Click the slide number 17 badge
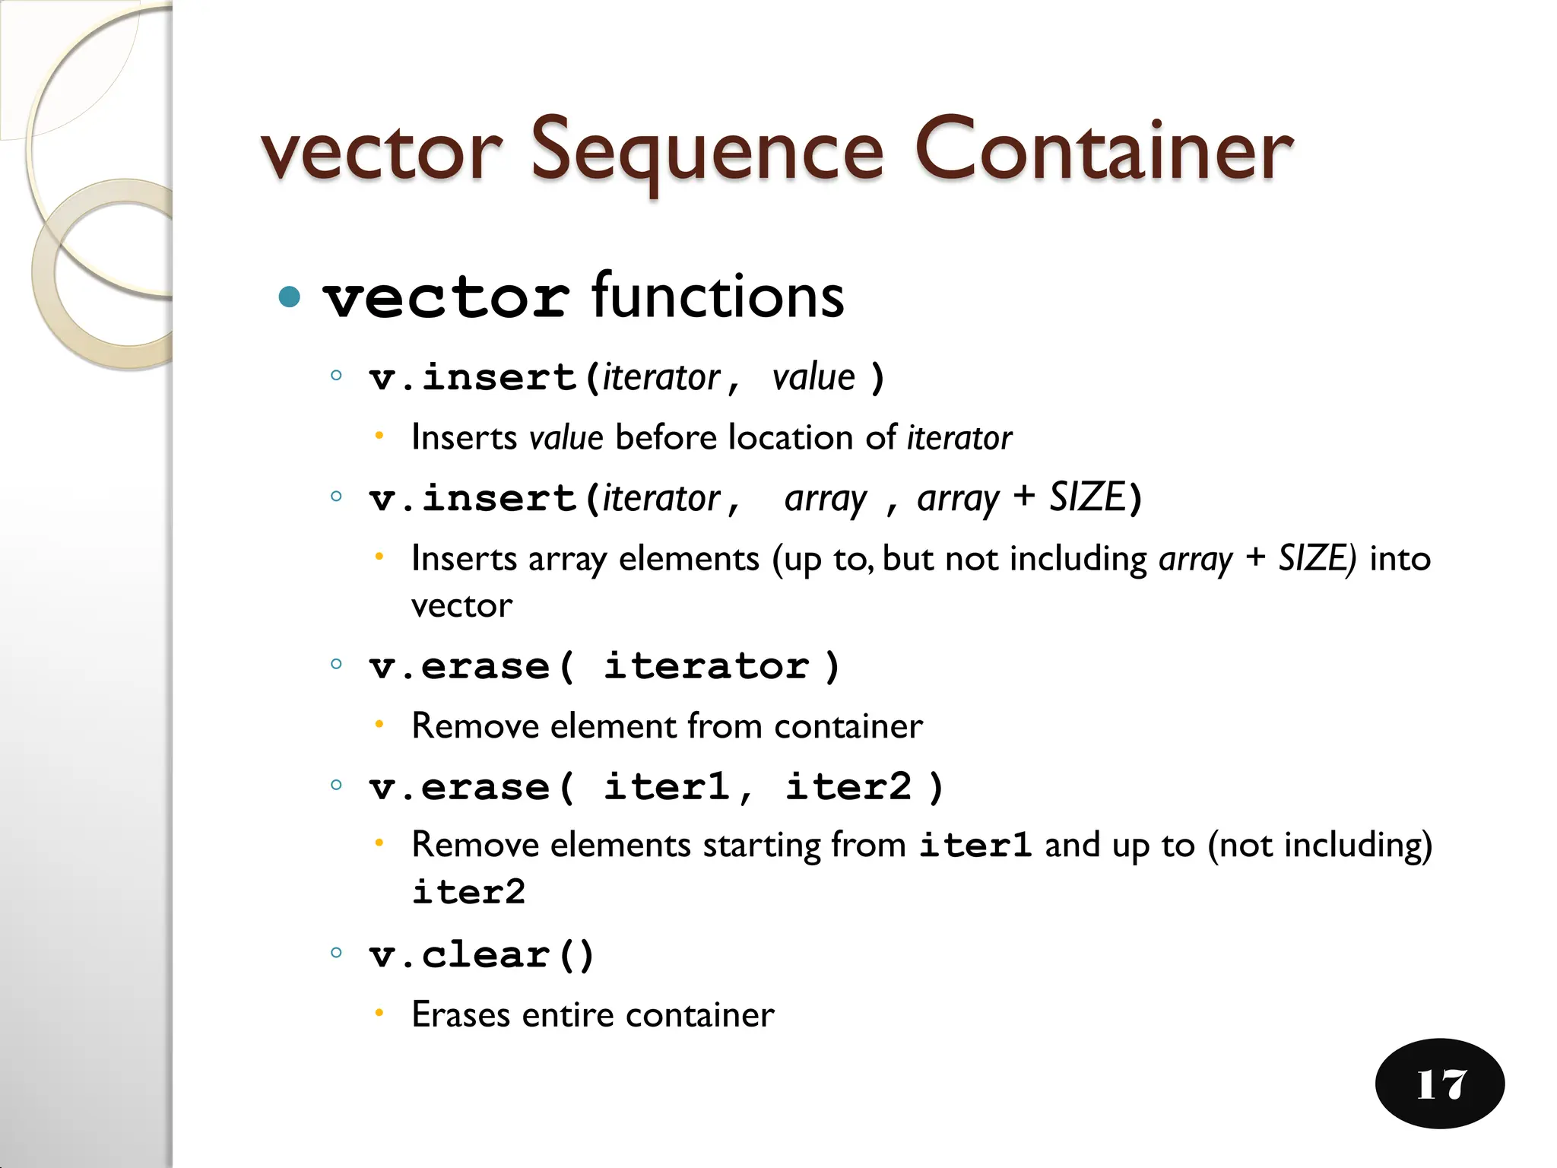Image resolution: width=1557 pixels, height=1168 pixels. tap(1439, 1084)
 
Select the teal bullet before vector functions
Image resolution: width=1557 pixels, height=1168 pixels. tap(290, 297)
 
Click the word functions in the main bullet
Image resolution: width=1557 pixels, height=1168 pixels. tap(718, 297)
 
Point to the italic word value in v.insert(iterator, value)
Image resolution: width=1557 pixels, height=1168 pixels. tap(813, 377)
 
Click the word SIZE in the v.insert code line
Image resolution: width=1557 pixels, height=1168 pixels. tap(1086, 498)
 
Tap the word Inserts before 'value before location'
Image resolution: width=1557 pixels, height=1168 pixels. tap(464, 438)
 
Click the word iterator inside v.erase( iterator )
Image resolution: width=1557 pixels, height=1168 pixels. tap(706, 667)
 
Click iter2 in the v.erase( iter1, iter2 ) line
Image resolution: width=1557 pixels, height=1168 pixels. tap(848, 787)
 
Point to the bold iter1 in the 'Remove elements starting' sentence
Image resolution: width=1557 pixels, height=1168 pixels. tap(975, 846)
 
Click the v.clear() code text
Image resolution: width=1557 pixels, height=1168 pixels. tap(480, 955)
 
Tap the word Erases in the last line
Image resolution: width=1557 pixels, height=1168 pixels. tap(461, 1015)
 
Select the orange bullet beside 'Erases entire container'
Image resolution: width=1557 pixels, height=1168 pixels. tap(379, 1013)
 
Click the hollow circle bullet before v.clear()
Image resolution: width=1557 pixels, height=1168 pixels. tap(336, 952)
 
